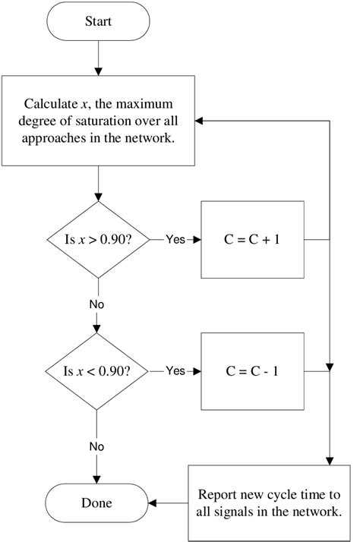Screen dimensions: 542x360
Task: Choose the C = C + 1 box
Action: pyautogui.click(x=251, y=239)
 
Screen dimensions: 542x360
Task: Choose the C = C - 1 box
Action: pyautogui.click(x=251, y=371)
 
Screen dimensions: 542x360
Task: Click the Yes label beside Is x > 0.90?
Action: pyautogui.click(x=175, y=239)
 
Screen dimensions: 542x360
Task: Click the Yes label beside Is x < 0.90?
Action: pyautogui.click(x=175, y=371)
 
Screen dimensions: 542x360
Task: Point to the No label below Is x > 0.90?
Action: pyautogui.click(x=97, y=304)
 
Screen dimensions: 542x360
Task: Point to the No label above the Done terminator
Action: pyautogui.click(x=97, y=446)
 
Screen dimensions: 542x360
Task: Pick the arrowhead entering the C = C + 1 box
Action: pyautogui.click(x=196, y=239)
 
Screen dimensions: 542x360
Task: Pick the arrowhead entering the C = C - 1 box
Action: pyautogui.click(x=196, y=371)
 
